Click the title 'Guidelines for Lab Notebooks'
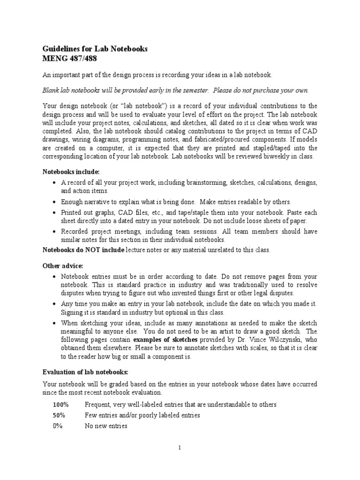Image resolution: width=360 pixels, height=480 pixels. [x=95, y=49]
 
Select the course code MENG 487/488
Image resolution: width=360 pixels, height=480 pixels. [x=71, y=59]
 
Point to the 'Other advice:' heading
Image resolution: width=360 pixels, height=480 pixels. [x=63, y=266]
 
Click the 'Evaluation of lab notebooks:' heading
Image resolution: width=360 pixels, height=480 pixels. [x=85, y=372]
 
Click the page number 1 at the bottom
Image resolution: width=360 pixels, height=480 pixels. [x=180, y=448]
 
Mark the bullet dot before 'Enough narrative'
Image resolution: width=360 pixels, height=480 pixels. [x=55, y=202]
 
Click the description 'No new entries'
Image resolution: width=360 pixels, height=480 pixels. [x=105, y=426]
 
